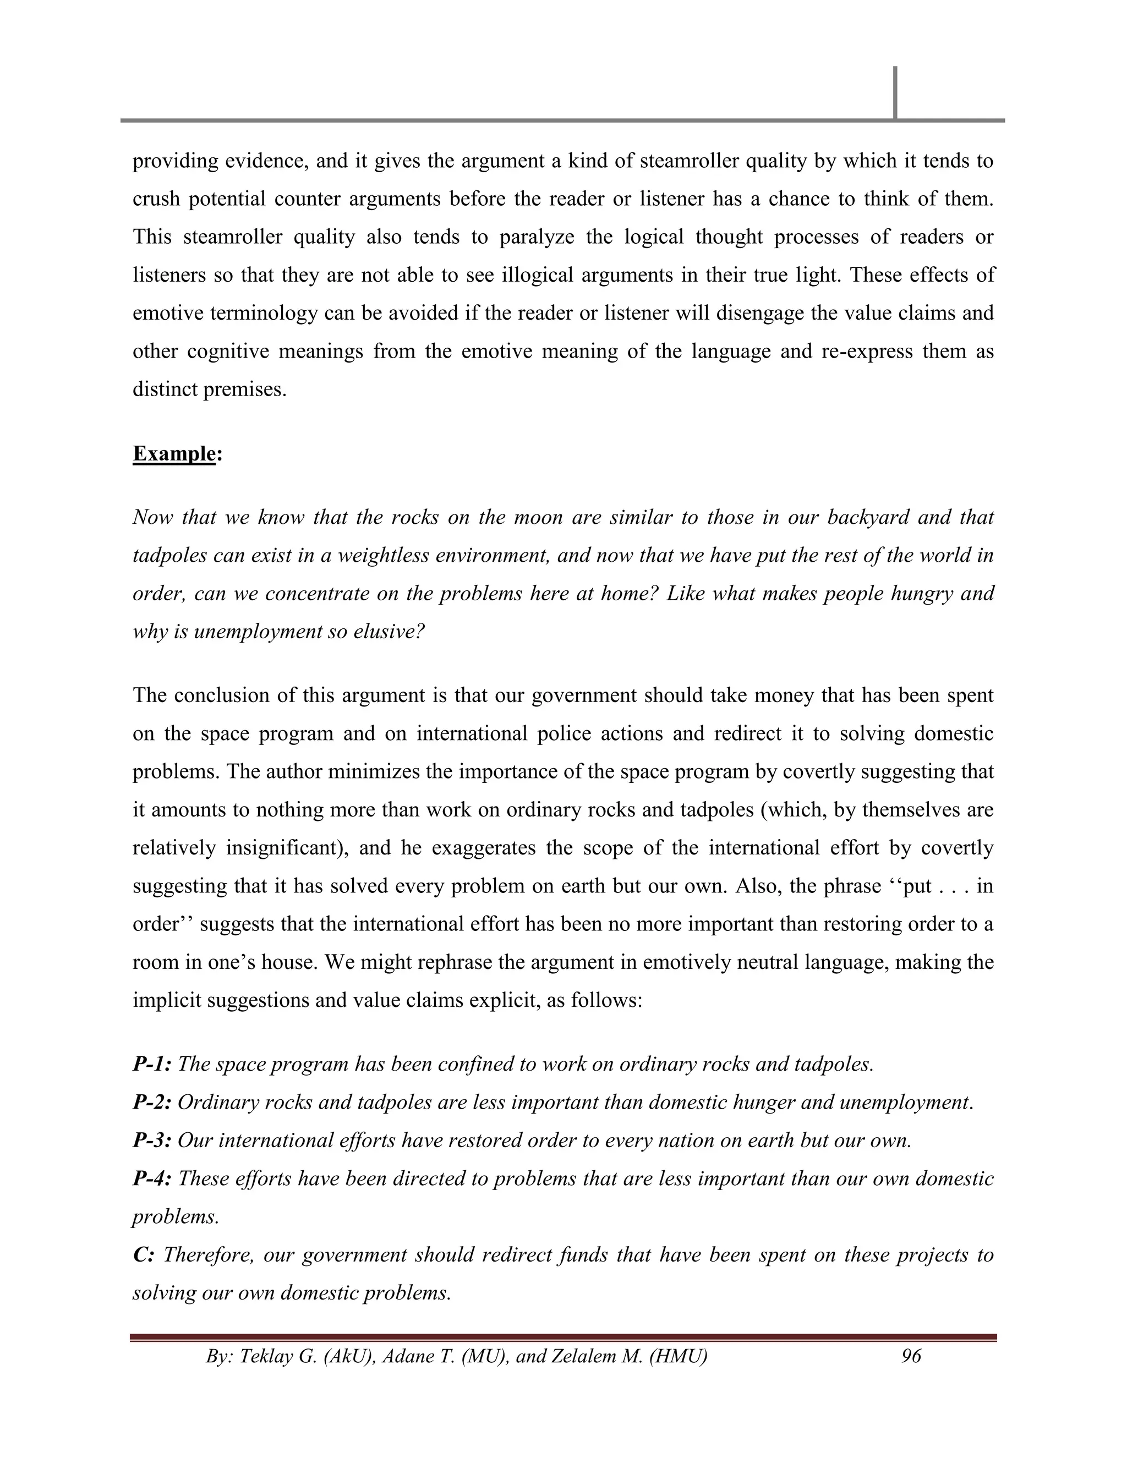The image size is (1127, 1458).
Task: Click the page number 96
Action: [x=911, y=1356]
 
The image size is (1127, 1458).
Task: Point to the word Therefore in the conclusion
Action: [x=207, y=1254]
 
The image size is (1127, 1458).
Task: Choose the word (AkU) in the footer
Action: [x=347, y=1356]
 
